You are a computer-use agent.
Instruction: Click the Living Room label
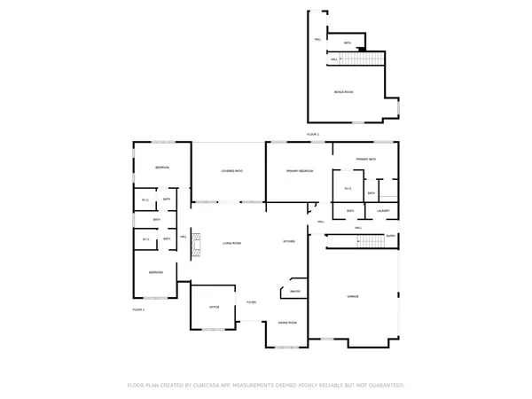tap(232, 242)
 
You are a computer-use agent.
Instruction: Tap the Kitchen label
tap(289, 242)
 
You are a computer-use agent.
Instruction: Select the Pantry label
tap(293, 293)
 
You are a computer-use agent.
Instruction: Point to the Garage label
tap(353, 297)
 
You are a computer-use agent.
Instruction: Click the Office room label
tap(214, 307)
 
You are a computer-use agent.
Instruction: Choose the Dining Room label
tap(287, 323)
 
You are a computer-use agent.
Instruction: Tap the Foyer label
tap(252, 303)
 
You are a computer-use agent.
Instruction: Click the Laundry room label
tap(382, 210)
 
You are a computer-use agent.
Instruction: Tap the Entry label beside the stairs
tap(390, 236)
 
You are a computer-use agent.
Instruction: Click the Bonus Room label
tap(344, 92)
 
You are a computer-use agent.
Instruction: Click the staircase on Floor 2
tap(364, 59)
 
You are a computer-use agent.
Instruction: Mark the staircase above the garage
tap(355, 242)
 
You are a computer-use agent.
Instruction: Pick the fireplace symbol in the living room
tap(199, 244)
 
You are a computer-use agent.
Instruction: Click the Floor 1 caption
tap(138, 309)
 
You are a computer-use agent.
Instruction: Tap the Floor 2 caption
tap(312, 134)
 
